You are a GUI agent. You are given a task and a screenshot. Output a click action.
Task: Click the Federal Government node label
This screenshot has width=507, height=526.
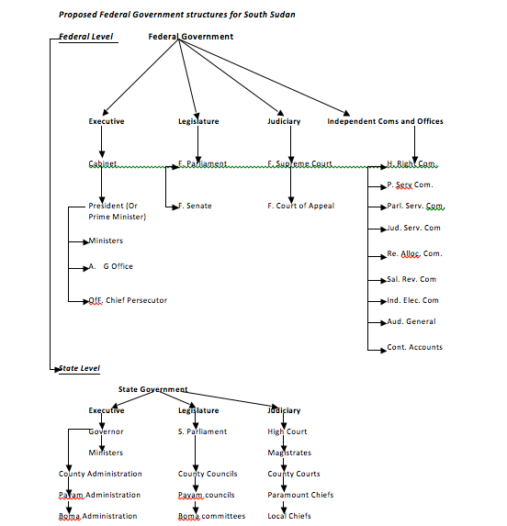coord(190,37)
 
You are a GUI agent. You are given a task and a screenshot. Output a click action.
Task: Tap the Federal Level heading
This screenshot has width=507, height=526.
coord(85,37)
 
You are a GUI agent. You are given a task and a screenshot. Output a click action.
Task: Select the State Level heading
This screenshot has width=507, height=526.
coord(80,368)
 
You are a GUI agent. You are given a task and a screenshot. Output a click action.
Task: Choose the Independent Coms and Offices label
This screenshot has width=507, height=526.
coord(385,121)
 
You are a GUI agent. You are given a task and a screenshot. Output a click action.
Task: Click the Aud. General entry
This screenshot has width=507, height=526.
coord(411,321)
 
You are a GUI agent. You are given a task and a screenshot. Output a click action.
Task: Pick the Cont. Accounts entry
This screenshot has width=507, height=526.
coord(414,347)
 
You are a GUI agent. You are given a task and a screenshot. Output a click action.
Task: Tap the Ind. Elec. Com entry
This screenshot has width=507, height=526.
coord(412,300)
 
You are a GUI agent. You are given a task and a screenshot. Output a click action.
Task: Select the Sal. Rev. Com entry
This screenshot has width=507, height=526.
coord(411,279)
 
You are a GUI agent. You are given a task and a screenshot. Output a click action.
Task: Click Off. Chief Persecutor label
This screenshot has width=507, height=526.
coord(128,300)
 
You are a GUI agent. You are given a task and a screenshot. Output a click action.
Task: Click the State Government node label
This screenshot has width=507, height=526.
coord(152,389)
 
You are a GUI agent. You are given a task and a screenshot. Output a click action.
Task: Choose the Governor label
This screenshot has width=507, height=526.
coord(107,431)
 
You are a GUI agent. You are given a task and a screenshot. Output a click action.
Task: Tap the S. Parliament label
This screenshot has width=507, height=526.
coord(202,431)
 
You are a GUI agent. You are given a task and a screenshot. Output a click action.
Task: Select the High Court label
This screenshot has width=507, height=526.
coord(287,431)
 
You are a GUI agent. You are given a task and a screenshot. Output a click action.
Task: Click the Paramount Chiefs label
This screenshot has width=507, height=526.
coord(300,495)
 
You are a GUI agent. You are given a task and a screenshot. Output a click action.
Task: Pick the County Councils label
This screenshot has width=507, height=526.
coord(208,474)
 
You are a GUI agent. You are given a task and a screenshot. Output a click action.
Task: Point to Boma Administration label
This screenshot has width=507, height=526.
coord(98,516)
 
